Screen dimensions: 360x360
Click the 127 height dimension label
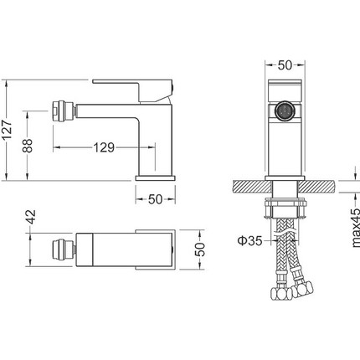click(7, 130)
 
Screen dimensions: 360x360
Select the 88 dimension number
click(28, 146)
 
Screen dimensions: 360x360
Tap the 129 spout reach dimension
click(104, 147)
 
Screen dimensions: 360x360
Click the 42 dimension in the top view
click(31, 217)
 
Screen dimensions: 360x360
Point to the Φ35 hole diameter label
click(250, 240)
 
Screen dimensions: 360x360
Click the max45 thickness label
click(355, 228)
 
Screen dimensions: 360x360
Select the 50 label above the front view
click(285, 65)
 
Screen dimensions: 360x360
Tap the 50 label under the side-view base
click(155, 199)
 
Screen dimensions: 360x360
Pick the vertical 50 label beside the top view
click(200, 249)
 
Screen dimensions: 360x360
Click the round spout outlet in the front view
click(285, 111)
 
